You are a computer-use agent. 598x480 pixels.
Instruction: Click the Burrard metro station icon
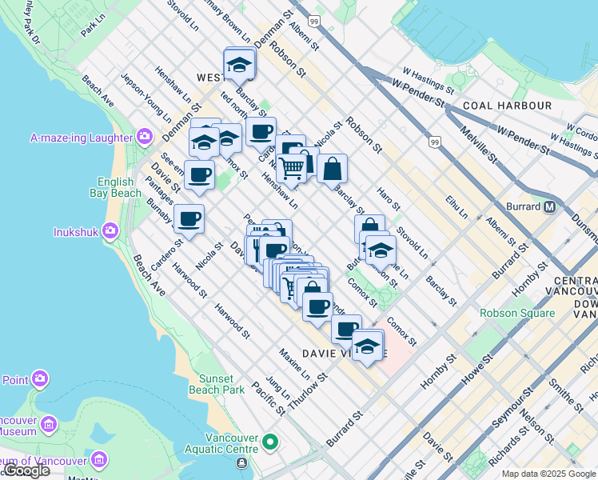550,206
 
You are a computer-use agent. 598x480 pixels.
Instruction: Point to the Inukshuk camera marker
110,232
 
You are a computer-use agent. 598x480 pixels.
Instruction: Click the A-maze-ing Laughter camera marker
145,137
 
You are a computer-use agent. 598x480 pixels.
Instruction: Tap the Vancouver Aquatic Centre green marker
270,441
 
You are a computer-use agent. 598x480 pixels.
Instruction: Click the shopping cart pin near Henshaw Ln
292,168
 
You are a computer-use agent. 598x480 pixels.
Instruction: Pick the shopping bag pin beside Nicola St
332,169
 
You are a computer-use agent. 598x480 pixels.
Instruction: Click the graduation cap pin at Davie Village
367,346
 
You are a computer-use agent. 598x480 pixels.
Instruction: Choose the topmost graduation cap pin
238,63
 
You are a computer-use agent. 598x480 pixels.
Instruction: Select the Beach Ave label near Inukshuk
149,275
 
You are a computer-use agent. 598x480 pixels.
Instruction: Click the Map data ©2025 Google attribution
548,474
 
